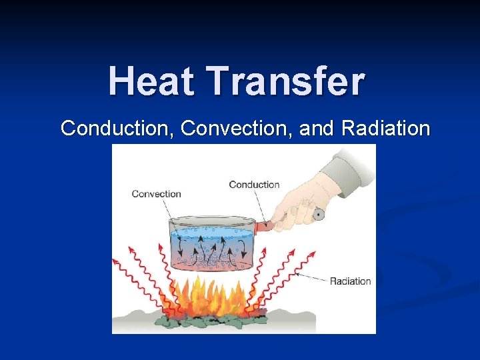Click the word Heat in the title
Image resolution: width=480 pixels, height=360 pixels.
coord(153,81)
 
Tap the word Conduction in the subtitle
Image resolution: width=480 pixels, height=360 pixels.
coord(117,128)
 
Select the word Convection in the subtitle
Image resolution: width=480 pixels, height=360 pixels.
coord(237,128)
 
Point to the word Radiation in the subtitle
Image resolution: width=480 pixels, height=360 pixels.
coord(385,128)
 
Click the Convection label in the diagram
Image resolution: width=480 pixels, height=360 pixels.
coord(156,194)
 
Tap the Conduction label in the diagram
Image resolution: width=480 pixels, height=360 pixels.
coord(254,185)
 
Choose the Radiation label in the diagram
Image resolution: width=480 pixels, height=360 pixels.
coord(350,281)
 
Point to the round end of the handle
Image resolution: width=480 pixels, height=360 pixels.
coord(318,215)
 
